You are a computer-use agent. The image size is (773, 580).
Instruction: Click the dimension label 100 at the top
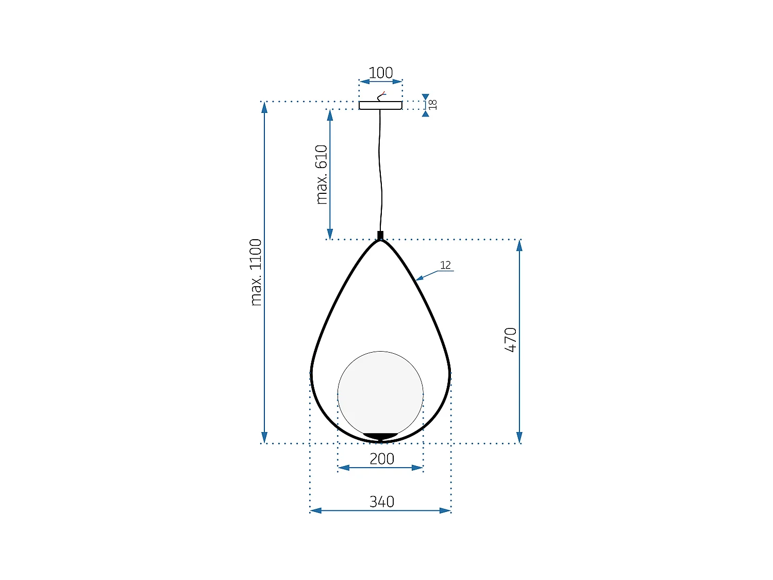(381, 73)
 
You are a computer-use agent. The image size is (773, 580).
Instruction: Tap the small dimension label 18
(433, 105)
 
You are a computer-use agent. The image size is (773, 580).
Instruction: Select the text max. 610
(322, 174)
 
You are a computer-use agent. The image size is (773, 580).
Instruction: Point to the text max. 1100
(256, 272)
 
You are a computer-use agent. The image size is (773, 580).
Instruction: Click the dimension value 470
(511, 340)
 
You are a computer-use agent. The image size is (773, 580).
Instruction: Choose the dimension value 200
(382, 458)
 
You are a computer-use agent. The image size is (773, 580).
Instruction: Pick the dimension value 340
(382, 501)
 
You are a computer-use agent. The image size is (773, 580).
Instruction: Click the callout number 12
(445, 265)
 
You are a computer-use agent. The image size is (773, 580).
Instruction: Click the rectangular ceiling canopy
(380, 105)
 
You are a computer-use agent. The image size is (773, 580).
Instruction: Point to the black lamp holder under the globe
(380, 437)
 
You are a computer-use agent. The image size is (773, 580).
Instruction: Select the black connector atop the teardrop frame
(380, 236)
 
